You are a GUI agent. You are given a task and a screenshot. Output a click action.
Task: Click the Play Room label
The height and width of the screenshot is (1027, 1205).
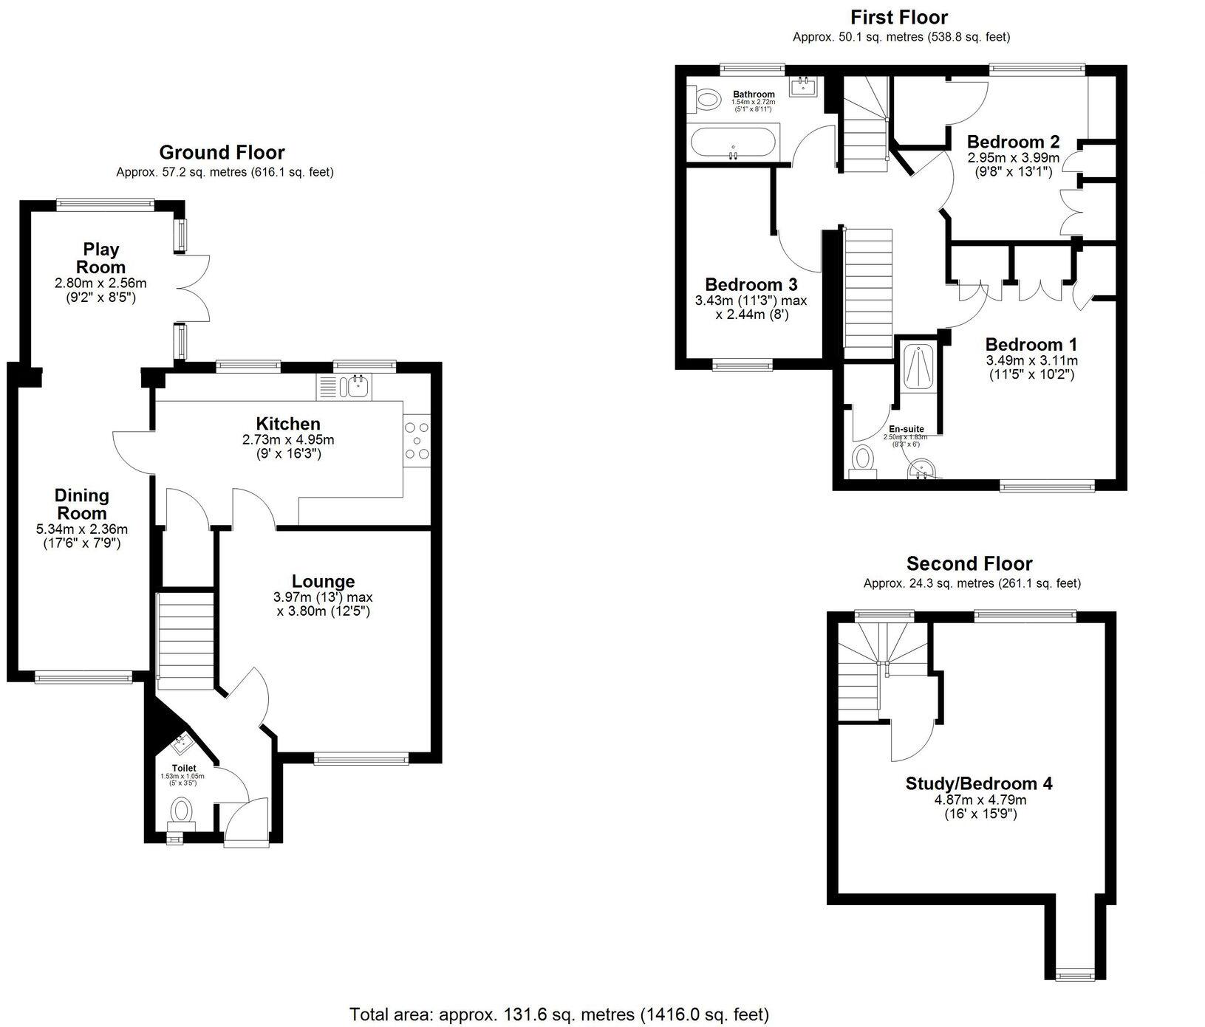[101, 258]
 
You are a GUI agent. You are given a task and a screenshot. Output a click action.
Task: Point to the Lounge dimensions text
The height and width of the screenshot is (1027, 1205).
[323, 604]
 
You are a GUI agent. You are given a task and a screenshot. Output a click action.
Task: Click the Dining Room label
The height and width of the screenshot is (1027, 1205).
[81, 504]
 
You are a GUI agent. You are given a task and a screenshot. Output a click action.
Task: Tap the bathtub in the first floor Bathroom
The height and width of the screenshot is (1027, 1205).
[733, 142]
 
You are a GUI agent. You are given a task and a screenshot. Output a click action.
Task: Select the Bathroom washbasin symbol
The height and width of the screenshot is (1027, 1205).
[803, 86]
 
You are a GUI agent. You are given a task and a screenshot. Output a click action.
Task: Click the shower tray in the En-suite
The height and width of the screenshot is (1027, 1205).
[918, 366]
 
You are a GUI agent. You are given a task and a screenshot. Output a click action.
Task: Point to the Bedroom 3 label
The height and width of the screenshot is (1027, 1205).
[751, 284]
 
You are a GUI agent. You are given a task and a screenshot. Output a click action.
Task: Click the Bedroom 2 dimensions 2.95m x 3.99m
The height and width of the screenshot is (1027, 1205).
[1014, 158]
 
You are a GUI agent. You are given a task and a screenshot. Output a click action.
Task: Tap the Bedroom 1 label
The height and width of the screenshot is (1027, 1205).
[1031, 344]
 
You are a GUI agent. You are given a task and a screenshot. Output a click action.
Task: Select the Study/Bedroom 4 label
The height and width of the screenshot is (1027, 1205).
[979, 783]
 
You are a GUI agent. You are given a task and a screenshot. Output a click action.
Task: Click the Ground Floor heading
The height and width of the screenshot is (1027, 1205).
[222, 153]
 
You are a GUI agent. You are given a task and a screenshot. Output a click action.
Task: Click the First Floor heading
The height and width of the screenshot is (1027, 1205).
[898, 17]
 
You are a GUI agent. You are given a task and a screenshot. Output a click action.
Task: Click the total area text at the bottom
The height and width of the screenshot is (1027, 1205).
[559, 1014]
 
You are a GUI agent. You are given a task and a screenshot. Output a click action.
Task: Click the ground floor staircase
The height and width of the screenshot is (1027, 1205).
[185, 633]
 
